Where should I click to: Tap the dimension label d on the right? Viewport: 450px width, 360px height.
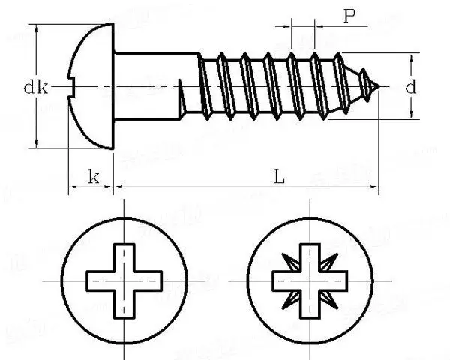click(410, 88)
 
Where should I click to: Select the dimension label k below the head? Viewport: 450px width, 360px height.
click(93, 177)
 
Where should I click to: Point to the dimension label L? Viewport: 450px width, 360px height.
click(278, 177)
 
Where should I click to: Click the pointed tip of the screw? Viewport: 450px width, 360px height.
click(379, 87)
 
